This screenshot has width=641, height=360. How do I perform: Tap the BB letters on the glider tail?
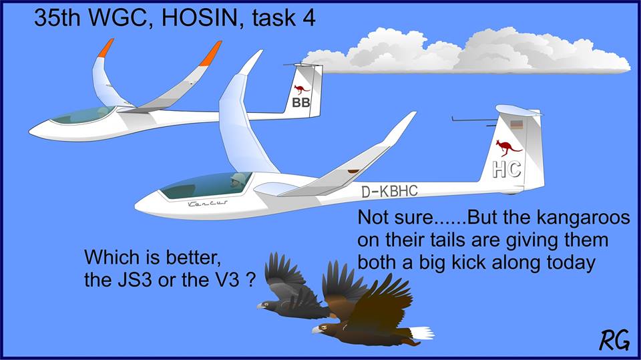click(301, 103)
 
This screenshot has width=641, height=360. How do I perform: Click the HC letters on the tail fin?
click(507, 169)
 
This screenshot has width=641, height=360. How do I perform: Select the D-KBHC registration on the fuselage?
click(389, 191)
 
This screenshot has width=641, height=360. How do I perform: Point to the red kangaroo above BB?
click(302, 89)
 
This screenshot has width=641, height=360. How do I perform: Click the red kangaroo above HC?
click(508, 147)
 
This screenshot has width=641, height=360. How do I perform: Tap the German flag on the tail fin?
click(517, 124)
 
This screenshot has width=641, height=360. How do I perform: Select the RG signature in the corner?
click(614, 341)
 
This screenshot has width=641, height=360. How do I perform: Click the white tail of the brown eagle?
click(421, 333)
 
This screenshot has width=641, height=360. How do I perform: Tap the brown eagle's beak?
click(316, 330)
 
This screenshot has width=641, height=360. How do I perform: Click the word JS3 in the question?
click(131, 280)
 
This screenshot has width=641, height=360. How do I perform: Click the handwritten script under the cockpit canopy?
click(208, 203)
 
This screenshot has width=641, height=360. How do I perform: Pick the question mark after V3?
click(252, 280)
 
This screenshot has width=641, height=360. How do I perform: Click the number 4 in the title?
click(308, 19)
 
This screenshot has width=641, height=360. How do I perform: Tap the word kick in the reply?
click(469, 262)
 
